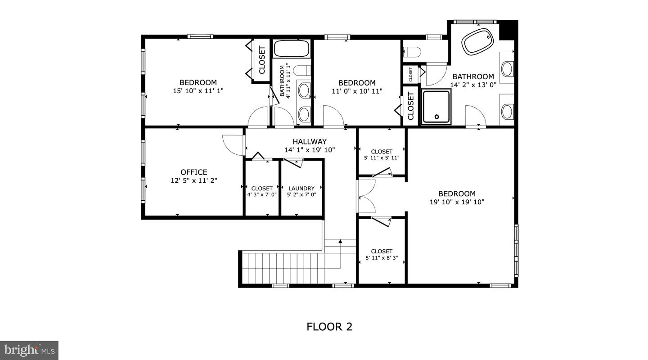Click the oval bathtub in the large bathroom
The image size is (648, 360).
pyautogui.click(x=478, y=41)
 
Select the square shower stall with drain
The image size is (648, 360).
pyautogui.click(x=436, y=107)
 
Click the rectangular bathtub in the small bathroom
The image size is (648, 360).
pyautogui.click(x=292, y=49)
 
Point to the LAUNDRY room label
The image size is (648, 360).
pyautogui.click(x=301, y=188)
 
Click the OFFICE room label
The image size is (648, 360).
pyautogui.click(x=194, y=172)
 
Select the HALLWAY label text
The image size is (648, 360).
pyautogui.click(x=310, y=142)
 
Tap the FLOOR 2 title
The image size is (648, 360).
pyautogui.click(x=329, y=327)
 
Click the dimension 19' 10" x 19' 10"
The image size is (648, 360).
pyautogui.click(x=457, y=202)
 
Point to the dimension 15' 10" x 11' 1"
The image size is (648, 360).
pyautogui.click(x=198, y=90)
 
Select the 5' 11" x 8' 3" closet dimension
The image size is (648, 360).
pyautogui.click(x=382, y=258)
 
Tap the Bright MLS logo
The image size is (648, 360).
pyautogui.click(x=29, y=350)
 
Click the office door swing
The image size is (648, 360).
pyautogui.click(x=233, y=145)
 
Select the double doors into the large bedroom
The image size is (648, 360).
pyautogui.click(x=366, y=196)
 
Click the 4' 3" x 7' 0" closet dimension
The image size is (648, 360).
pyautogui.click(x=262, y=195)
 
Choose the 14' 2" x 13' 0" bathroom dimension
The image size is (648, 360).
pyautogui.click(x=473, y=85)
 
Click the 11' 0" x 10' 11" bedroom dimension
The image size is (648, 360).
pyautogui.click(x=357, y=91)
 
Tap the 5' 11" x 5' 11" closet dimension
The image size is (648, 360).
pyautogui.click(x=382, y=158)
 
